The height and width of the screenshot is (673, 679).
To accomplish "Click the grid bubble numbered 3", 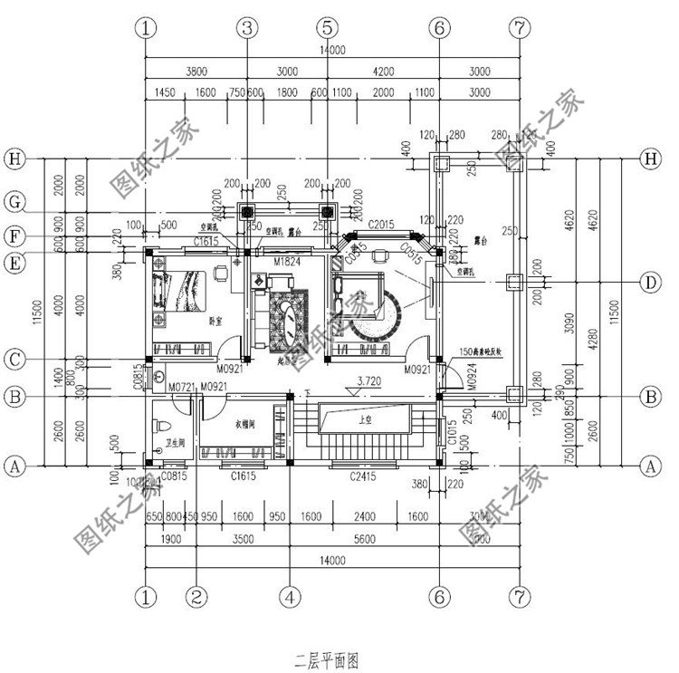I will (x=245, y=28).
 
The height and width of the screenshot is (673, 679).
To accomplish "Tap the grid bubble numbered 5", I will (x=329, y=28).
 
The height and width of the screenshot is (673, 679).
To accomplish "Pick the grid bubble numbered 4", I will (x=289, y=598).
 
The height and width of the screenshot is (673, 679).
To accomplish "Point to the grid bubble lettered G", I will (x=14, y=202).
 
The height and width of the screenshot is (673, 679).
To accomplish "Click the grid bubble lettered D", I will (x=648, y=284).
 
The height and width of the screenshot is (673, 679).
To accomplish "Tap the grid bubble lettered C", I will (x=14, y=360).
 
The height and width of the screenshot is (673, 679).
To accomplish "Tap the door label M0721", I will (x=183, y=388).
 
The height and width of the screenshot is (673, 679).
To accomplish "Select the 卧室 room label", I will (x=216, y=321).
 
